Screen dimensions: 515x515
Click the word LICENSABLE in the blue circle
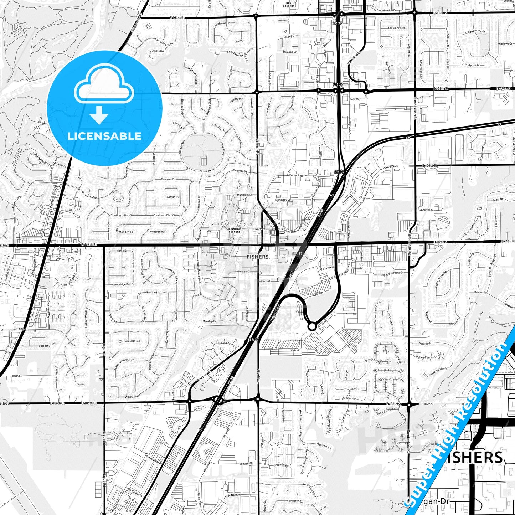104,136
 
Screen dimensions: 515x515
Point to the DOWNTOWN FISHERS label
235,230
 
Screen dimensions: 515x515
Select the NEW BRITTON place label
289,5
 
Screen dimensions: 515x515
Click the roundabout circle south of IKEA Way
312,326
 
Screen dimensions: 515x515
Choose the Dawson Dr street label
168,179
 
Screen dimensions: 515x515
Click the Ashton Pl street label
172,197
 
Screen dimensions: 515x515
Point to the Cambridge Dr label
121,284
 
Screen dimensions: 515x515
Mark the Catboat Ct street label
45,346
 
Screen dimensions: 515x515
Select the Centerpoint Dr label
154,460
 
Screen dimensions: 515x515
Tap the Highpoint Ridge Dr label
392,273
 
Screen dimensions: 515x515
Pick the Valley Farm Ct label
426,357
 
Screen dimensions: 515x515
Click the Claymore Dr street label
396,28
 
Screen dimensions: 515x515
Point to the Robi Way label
355,99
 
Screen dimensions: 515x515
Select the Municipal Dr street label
245,195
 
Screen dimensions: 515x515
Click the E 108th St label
16,376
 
